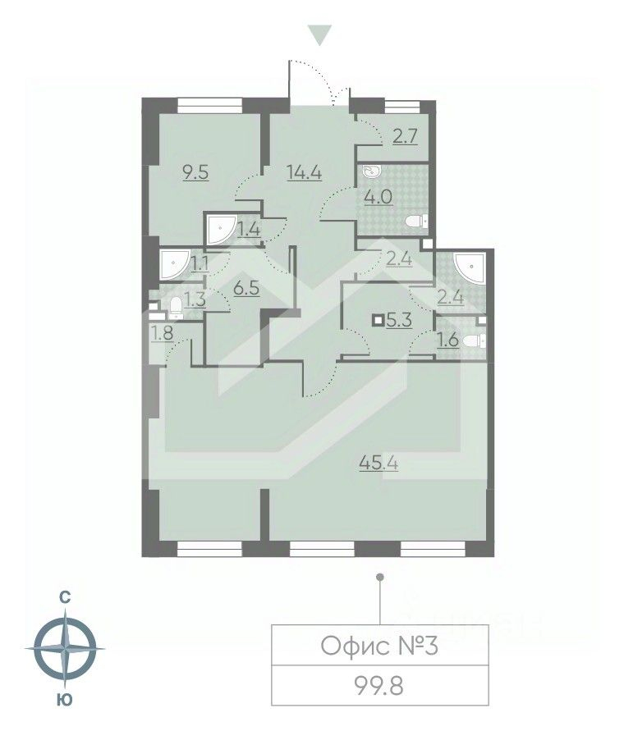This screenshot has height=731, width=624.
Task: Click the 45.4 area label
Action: click(x=379, y=463)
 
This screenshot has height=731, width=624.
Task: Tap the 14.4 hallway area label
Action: click(x=305, y=172)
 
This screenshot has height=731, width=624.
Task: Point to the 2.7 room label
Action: click(x=405, y=137)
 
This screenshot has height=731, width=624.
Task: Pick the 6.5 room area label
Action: click(x=246, y=288)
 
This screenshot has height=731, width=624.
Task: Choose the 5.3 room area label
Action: click(x=398, y=320)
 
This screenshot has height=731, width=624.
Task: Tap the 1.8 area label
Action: click(x=162, y=333)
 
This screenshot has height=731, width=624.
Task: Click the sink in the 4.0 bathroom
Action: click(x=373, y=171)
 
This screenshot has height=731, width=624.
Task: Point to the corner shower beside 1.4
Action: click(x=221, y=229)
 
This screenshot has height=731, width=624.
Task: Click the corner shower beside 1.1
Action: click(x=174, y=265)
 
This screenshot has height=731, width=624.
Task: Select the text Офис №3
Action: click(x=379, y=646)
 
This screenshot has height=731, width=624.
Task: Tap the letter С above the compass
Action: click(x=65, y=597)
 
